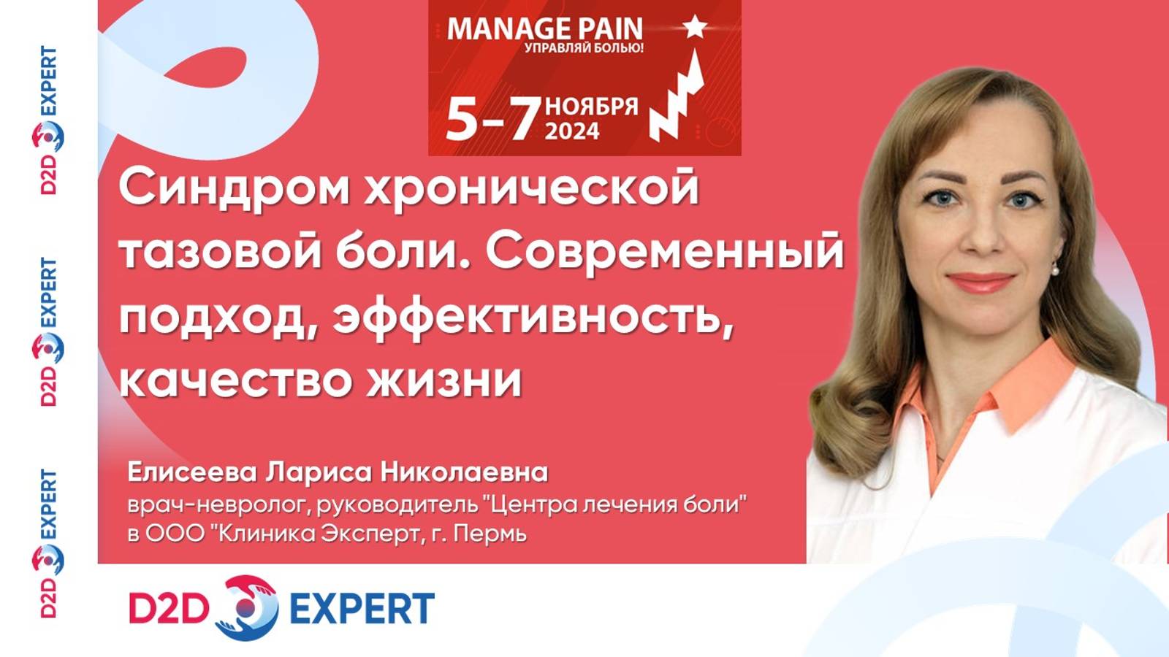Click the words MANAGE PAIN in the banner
click(x=544, y=29)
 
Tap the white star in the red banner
click(x=695, y=28)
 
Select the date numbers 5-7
click(x=492, y=119)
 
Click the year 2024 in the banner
click(x=572, y=131)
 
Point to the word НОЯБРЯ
click(x=592, y=107)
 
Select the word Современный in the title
click(x=665, y=252)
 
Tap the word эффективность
click(x=533, y=318)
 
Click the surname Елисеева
click(x=192, y=472)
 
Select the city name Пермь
click(x=490, y=534)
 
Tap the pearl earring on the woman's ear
click(x=1055, y=270)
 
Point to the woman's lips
click(x=980, y=282)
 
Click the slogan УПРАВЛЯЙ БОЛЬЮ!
click(x=584, y=49)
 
